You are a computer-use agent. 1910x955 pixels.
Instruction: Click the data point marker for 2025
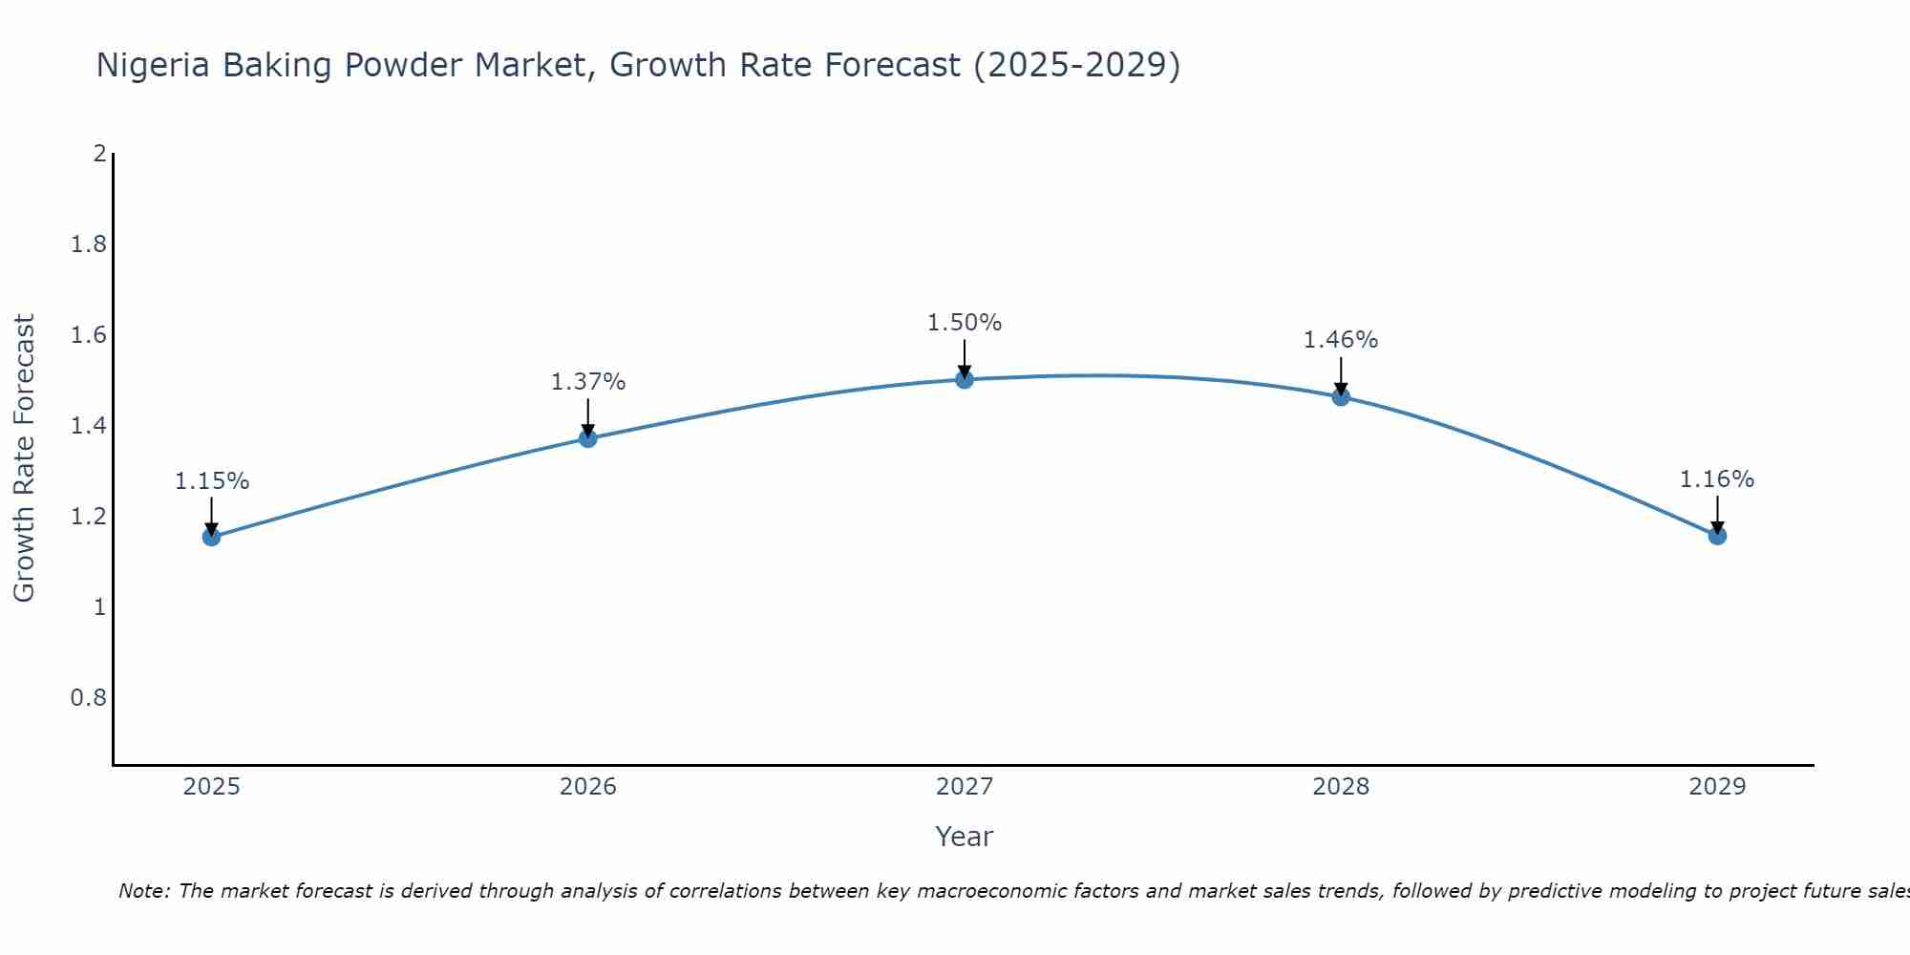211,537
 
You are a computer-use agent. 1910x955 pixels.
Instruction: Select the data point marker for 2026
588,438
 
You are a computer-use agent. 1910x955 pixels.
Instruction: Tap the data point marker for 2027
965,379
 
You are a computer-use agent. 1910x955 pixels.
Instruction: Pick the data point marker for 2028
1341,397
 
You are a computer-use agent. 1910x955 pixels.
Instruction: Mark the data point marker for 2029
1717,536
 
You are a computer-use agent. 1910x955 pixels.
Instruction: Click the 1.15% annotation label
211,481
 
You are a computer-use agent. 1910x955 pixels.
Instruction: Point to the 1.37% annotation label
588,382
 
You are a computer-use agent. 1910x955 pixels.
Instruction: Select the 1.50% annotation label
965,323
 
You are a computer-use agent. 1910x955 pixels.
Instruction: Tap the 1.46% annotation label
1341,340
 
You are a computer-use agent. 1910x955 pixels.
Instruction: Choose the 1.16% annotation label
1717,479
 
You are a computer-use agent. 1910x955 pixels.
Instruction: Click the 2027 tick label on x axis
965,787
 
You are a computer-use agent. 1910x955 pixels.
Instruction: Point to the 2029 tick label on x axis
1717,787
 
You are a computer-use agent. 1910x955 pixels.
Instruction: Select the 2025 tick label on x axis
211,787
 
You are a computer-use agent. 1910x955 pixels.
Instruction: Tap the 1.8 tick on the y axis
89,244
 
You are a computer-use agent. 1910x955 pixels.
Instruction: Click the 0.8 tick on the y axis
89,698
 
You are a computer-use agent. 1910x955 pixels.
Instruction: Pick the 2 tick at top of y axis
99,154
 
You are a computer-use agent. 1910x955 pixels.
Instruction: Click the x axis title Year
965,837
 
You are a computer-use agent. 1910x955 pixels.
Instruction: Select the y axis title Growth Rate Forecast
24,458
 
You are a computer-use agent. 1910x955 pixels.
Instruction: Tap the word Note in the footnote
143,891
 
